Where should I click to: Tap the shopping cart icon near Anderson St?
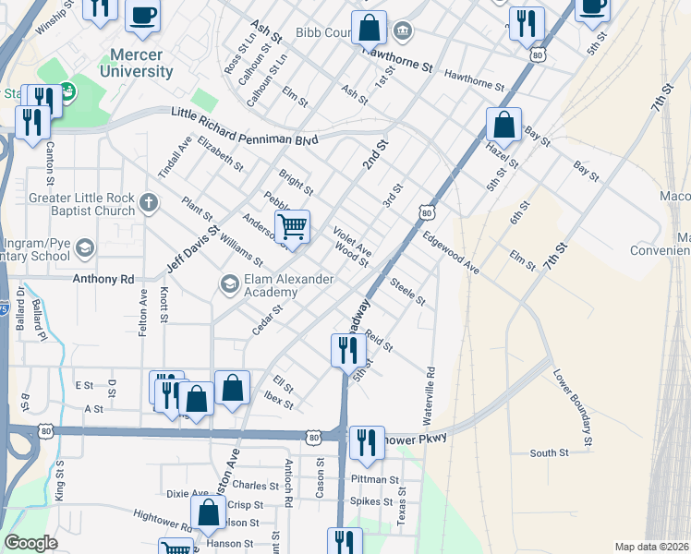click(292, 225)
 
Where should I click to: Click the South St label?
click(549, 452)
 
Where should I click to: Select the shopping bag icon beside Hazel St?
click(504, 124)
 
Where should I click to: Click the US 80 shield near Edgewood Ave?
click(426, 213)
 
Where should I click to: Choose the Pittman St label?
click(375, 480)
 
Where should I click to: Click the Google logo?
click(30, 543)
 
